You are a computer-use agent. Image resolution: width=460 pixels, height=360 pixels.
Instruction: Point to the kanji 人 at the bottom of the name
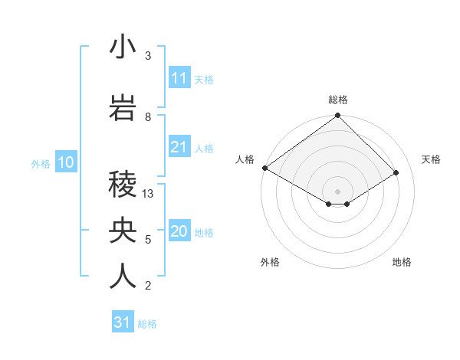coord(123,276)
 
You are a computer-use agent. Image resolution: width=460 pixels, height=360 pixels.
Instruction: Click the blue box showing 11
coord(179,78)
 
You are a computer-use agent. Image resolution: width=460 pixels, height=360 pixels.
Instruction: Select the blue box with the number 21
coord(179,147)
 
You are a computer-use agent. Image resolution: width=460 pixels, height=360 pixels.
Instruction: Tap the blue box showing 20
coord(179,232)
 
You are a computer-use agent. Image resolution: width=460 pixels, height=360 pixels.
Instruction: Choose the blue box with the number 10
coord(66,162)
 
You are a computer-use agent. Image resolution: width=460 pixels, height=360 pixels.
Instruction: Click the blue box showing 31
coord(123,322)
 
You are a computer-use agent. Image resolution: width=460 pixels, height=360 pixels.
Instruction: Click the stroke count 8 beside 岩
coord(148,116)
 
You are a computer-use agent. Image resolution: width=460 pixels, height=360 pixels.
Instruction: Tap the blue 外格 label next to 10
coord(40,163)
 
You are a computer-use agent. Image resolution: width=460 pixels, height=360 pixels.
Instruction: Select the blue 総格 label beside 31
coord(147,324)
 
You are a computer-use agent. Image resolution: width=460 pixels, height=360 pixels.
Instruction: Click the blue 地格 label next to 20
coord(204,233)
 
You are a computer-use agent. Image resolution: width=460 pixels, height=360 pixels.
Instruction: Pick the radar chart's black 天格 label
coord(431,159)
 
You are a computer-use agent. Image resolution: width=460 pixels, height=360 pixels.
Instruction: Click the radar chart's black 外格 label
coord(270,262)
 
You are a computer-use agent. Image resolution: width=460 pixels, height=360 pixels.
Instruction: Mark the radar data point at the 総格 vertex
coord(337,116)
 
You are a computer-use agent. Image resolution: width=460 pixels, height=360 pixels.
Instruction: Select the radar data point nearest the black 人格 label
coord(264,168)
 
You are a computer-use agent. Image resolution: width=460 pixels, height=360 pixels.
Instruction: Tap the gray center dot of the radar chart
coord(337,190)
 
